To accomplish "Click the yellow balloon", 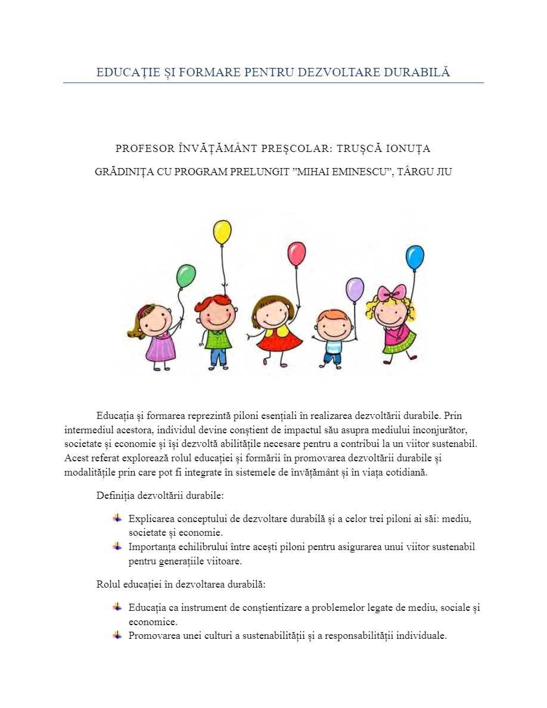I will [x=222, y=232].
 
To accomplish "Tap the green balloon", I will [x=186, y=276].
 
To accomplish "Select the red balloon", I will [x=296, y=254].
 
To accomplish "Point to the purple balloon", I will [x=355, y=290].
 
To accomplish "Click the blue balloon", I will [x=415, y=257].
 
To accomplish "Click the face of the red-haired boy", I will [x=218, y=314].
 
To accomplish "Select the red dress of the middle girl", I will [x=278, y=340].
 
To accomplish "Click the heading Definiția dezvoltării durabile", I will [x=160, y=495].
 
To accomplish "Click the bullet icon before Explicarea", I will [x=117, y=518].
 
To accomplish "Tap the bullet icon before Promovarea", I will [x=117, y=635].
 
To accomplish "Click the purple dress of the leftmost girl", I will [x=160, y=347].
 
